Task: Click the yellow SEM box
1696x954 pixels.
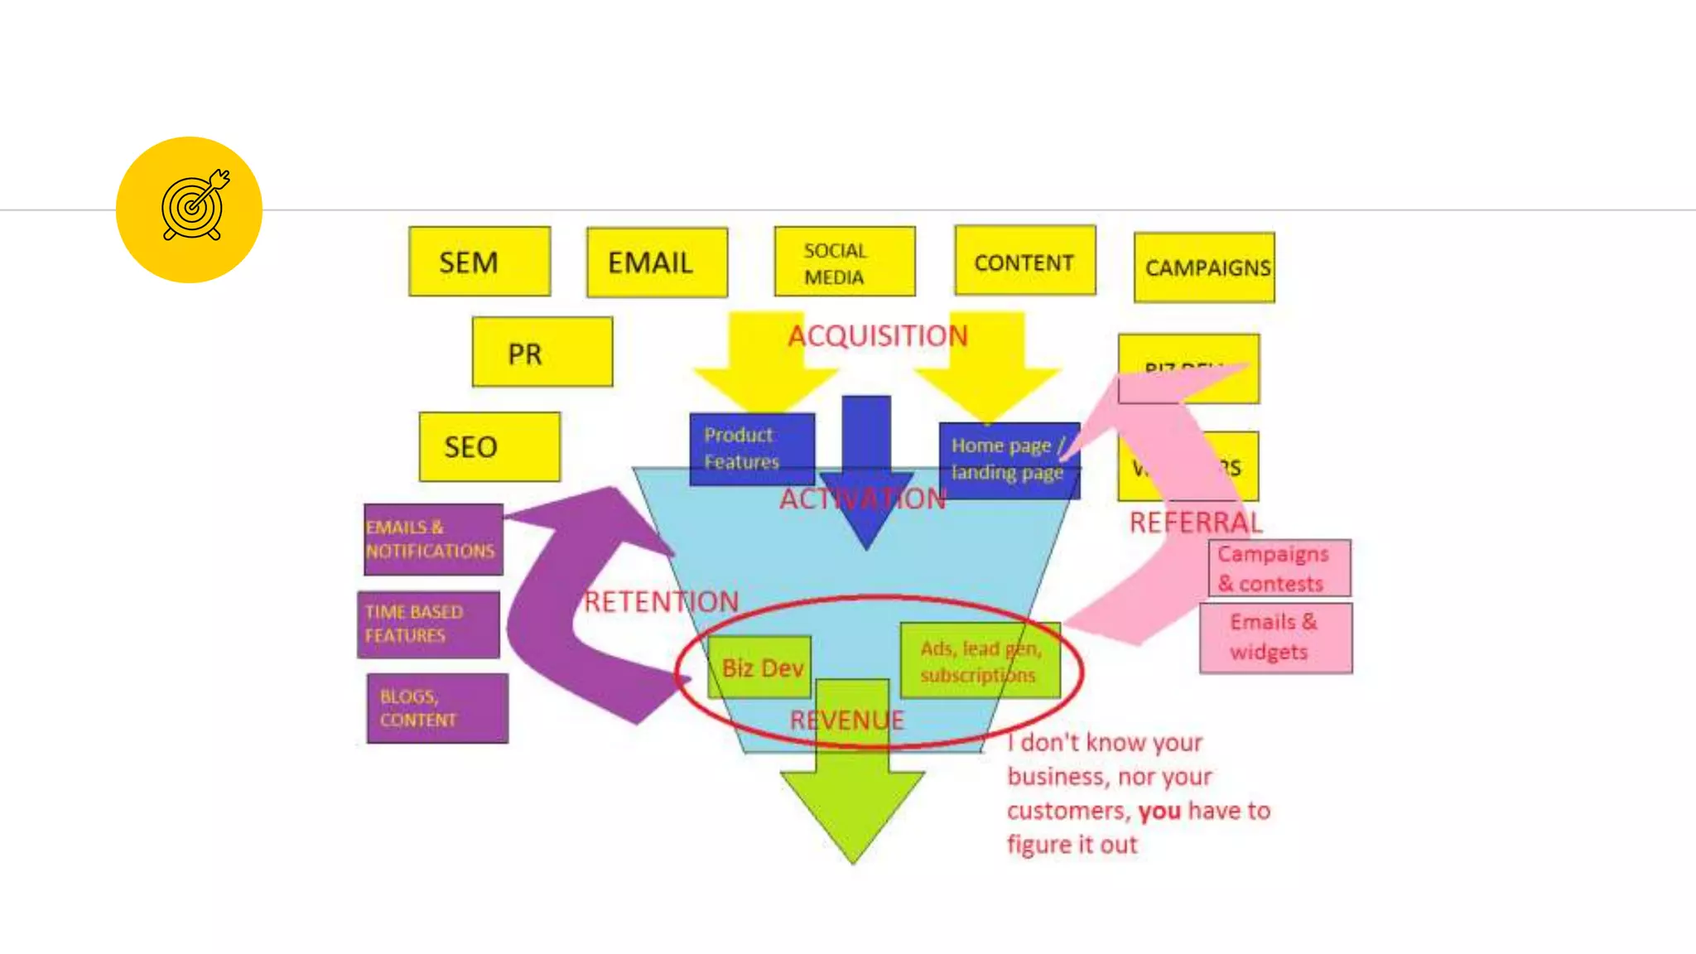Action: click(479, 262)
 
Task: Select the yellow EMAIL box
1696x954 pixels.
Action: click(657, 263)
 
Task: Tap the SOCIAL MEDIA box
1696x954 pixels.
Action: click(845, 263)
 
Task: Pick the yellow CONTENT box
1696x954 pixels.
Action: click(1024, 261)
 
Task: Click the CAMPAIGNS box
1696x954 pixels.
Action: click(1204, 267)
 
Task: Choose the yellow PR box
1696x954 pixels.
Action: click(542, 352)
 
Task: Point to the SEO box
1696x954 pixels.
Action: click(489, 447)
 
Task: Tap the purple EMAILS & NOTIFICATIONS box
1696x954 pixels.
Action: click(433, 539)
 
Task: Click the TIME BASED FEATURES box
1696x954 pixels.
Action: click(428, 624)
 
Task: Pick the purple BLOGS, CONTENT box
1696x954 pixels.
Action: click(437, 708)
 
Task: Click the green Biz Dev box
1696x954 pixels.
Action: click(760, 667)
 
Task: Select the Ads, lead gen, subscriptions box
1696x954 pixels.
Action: click(980, 662)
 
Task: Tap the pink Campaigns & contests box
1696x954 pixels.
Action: click(1279, 568)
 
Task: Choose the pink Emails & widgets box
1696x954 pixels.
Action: click(1275, 638)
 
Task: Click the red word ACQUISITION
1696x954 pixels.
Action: click(877, 335)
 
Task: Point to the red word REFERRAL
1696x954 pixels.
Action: click(1195, 523)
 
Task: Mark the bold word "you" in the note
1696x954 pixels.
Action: click(1159, 811)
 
